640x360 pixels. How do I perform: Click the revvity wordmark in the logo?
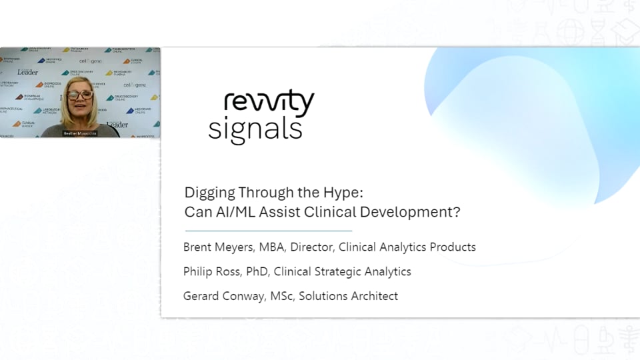(x=269, y=104)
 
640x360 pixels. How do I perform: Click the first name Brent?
(x=199, y=247)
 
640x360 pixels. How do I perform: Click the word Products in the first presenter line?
(x=453, y=247)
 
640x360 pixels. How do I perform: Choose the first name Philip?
(x=199, y=271)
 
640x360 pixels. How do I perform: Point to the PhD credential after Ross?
(x=256, y=271)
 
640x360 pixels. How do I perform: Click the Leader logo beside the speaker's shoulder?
(x=117, y=124)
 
